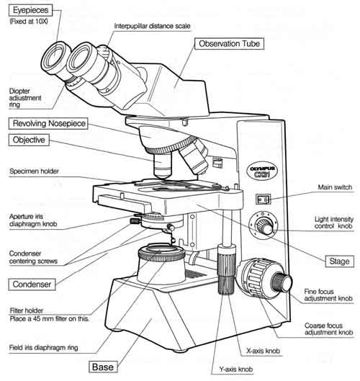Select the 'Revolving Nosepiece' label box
(47, 124)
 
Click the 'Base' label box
(102, 367)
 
